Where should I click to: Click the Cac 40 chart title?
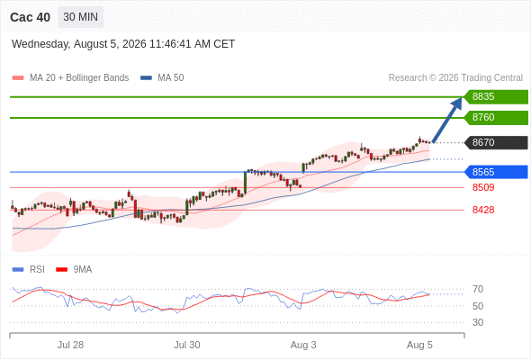click(30, 17)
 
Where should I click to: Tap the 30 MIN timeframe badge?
click(81, 17)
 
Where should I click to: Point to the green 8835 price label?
click(496, 97)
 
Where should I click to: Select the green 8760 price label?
click(496, 118)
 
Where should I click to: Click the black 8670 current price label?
click(496, 142)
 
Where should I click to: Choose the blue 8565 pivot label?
click(496, 172)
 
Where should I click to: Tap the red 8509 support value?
click(483, 187)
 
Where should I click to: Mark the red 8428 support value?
click(483, 210)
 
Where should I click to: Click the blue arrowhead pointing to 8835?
click(458, 103)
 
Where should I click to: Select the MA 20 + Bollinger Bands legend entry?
click(70, 78)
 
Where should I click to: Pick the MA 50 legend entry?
click(162, 78)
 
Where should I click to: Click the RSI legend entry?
click(29, 270)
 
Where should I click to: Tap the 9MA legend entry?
click(74, 270)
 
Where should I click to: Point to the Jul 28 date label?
click(70, 345)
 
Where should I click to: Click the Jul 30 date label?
click(187, 345)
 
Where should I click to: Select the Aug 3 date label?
click(303, 345)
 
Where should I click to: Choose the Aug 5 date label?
click(419, 345)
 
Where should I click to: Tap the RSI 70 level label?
click(478, 289)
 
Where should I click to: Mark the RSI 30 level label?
click(478, 322)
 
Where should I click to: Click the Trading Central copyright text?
click(455, 78)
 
